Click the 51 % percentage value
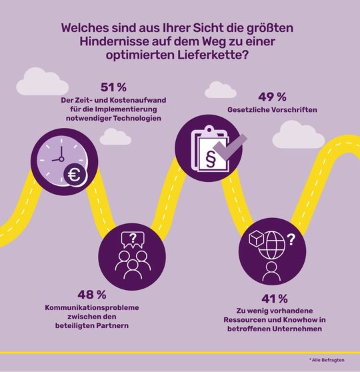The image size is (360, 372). pos(113,88)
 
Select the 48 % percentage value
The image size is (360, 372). pos(93,294)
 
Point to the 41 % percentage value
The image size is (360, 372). pos(275,297)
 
